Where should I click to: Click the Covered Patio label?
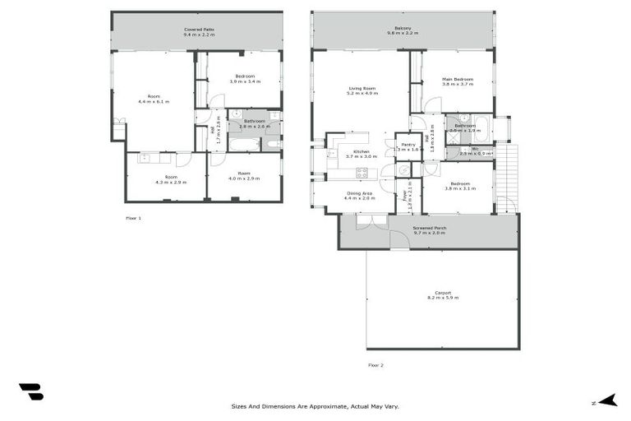coord(197,30)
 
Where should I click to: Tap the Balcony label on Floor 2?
coord(403,29)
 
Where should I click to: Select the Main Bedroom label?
coord(458,79)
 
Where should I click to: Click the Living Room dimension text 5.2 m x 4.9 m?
coord(362,93)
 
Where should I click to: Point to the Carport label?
coord(442,293)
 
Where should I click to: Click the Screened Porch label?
coord(428,228)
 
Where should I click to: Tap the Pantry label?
coord(408,144)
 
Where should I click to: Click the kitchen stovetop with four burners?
coord(362,173)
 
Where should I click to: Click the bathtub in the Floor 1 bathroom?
coord(242,145)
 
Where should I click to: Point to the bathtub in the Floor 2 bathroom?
coord(481,129)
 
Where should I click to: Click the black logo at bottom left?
coord(31,391)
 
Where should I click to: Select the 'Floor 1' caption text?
coord(133,218)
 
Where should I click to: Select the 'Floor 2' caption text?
coord(375,364)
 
